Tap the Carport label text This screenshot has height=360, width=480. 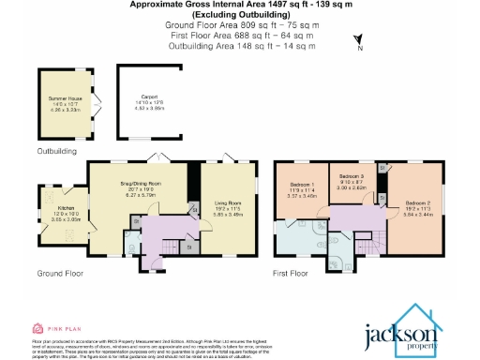click(149, 97)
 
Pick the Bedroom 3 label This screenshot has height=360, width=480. click(350, 176)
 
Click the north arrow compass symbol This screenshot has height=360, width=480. click(357, 38)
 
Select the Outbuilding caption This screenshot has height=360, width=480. click(58, 149)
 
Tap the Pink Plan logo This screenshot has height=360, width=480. click(54, 329)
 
